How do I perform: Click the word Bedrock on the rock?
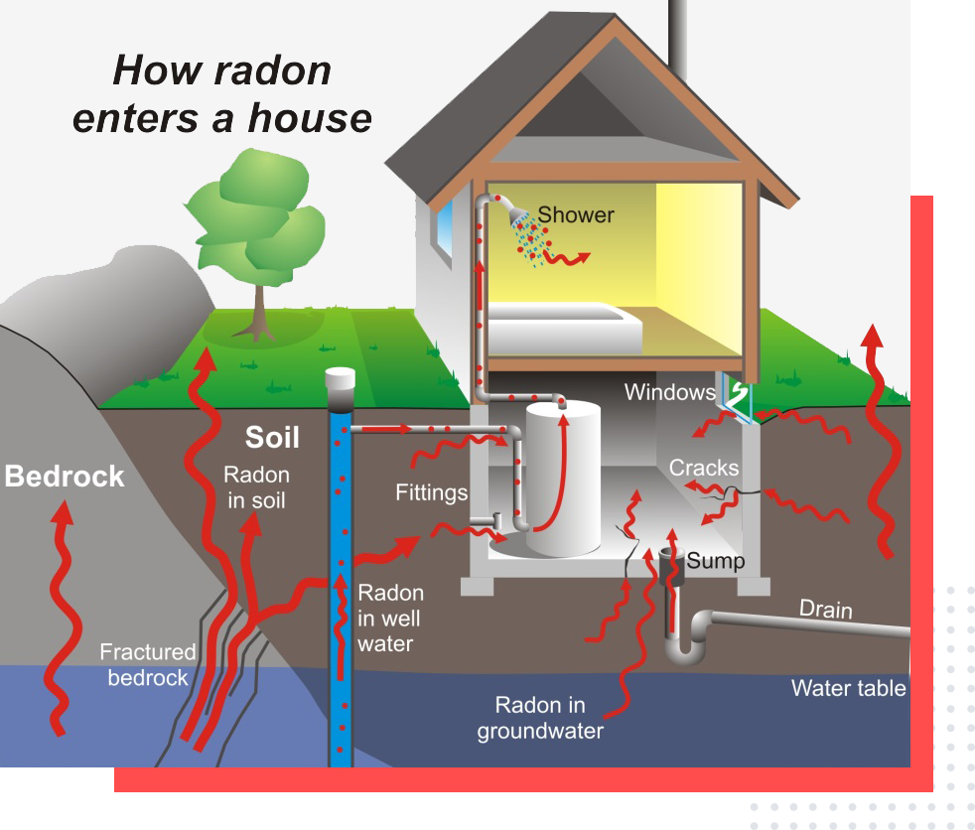pyautogui.click(x=65, y=477)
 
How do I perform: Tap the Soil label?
pyautogui.click(x=272, y=438)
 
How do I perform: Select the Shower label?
pyautogui.click(x=576, y=214)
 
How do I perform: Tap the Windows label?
pyautogui.click(x=669, y=392)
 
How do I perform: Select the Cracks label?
pyautogui.click(x=703, y=467)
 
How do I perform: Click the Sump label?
pyautogui.click(x=716, y=561)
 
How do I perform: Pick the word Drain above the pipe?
pyautogui.click(x=826, y=607)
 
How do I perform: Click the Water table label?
pyautogui.click(x=848, y=687)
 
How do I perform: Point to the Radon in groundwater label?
pyautogui.click(x=541, y=718)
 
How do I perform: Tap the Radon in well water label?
pyautogui.click(x=389, y=619)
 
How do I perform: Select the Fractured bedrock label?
pyautogui.click(x=148, y=665)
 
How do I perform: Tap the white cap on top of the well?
pyautogui.click(x=341, y=379)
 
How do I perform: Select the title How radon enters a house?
pyautogui.click(x=221, y=94)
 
